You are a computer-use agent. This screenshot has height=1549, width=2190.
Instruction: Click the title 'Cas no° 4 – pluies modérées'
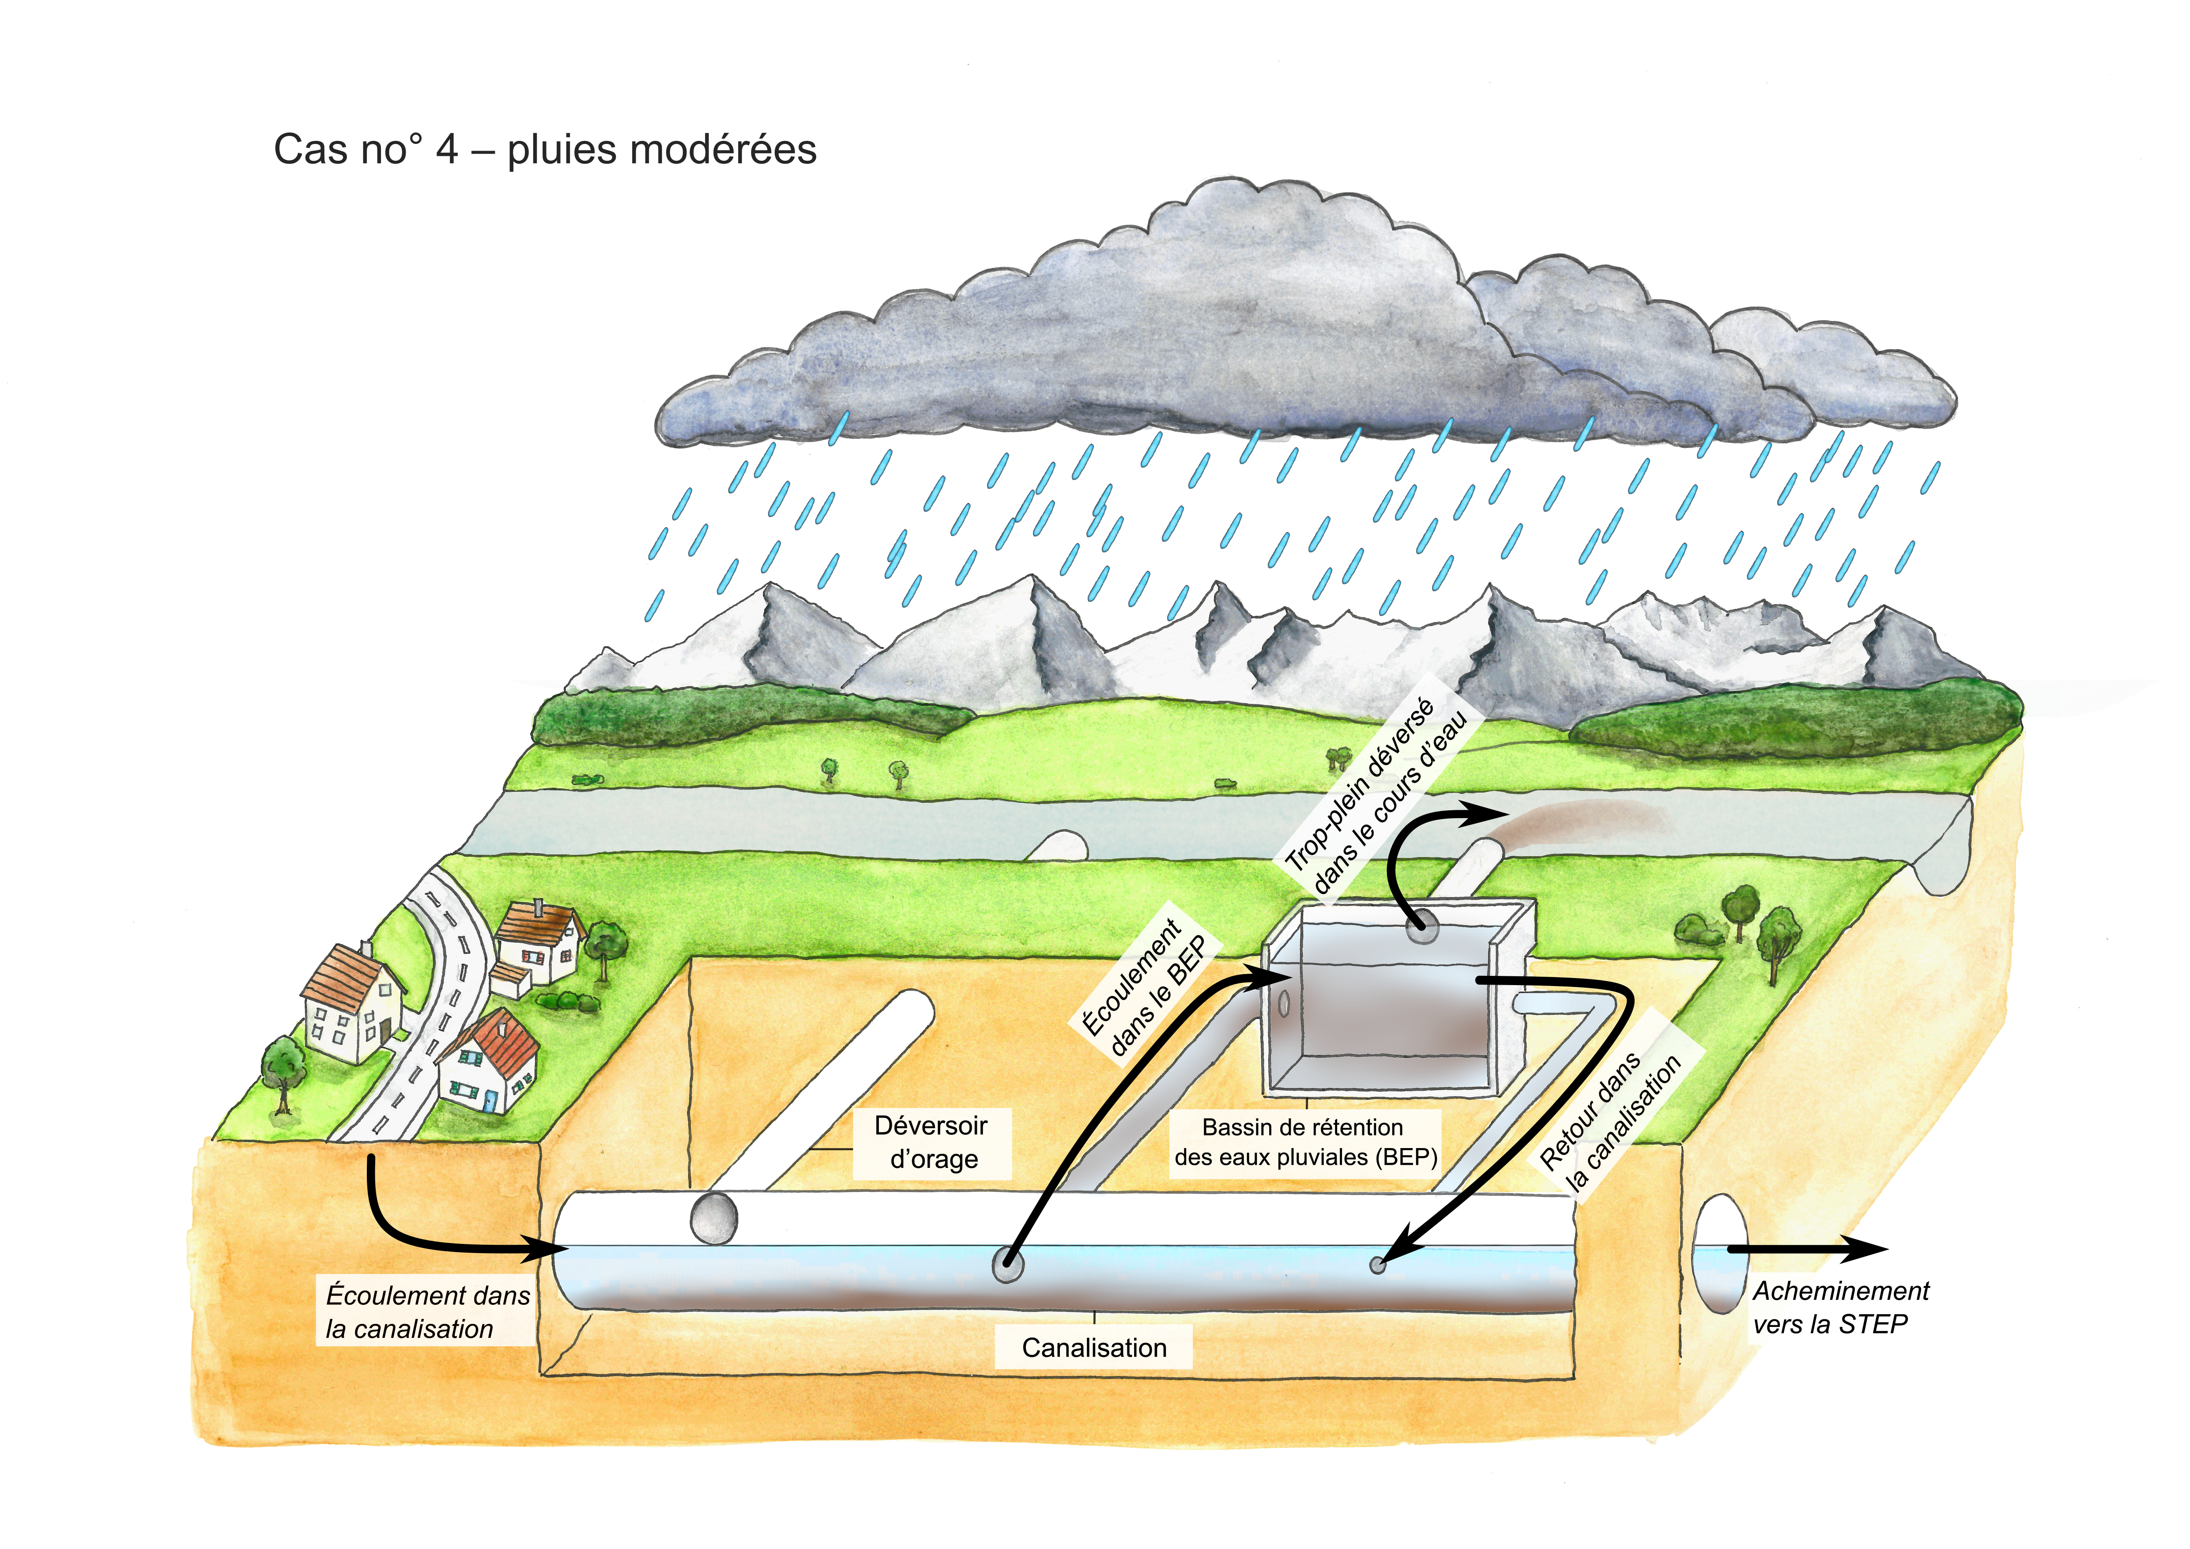pyautogui.click(x=545, y=150)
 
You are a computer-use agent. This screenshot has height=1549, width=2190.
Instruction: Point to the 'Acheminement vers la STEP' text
pyautogui.click(x=1840, y=1307)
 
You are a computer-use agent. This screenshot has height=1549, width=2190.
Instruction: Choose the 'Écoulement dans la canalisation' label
pyautogui.click(x=427, y=1311)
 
